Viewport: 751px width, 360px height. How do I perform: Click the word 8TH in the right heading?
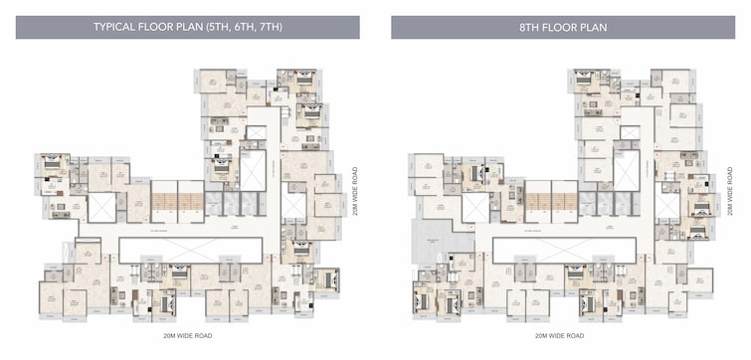click(517, 27)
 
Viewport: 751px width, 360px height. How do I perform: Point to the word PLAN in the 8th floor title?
click(592, 27)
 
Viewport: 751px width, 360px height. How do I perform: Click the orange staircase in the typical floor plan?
click(177, 202)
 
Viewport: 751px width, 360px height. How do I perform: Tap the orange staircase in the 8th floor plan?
click(550, 202)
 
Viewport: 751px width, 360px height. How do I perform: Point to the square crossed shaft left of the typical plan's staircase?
click(102, 207)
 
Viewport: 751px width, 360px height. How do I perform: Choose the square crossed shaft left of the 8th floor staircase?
click(475, 207)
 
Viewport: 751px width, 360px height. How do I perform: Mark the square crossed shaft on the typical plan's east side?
click(292, 204)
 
